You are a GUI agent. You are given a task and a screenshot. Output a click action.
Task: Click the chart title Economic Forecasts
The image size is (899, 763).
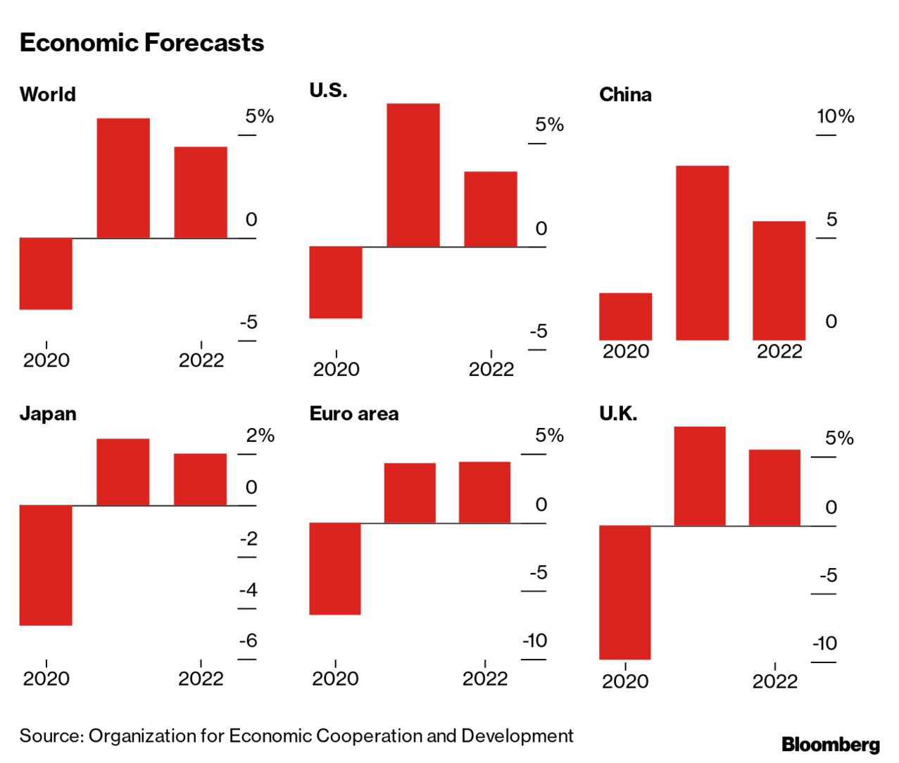(142, 43)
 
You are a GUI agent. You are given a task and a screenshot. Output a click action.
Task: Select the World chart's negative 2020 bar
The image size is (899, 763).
(46, 273)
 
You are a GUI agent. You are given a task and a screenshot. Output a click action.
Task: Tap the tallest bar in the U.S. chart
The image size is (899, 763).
(413, 175)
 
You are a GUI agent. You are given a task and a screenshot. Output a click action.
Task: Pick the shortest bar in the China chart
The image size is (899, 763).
(625, 316)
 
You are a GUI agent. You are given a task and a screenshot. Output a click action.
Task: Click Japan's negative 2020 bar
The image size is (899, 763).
(46, 565)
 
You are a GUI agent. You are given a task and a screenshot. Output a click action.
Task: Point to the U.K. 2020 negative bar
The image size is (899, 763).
(624, 592)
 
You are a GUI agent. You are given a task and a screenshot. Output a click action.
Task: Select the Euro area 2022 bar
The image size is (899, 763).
(484, 492)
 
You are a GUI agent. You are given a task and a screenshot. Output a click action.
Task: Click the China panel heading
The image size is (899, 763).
(625, 94)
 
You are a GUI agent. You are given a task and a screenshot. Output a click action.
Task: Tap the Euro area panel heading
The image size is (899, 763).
(353, 413)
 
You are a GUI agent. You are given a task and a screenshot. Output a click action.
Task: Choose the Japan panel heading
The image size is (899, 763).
(48, 413)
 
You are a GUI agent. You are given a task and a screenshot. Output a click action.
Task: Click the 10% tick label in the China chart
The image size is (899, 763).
(835, 116)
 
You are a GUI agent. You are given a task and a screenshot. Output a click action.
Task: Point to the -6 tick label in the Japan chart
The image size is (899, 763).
(248, 641)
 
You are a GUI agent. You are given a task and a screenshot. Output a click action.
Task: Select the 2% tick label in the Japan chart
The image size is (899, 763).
(260, 435)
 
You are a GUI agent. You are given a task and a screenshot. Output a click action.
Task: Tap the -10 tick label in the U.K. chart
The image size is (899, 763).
(824, 643)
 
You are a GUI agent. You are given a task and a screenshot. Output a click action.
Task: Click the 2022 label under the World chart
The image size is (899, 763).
(201, 360)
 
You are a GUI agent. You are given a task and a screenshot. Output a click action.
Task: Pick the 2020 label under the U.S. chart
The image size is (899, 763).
(336, 369)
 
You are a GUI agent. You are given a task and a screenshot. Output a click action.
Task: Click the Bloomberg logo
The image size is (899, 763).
(831, 744)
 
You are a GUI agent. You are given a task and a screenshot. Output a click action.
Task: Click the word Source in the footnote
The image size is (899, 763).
(51, 736)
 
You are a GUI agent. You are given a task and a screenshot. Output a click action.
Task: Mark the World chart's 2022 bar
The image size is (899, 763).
(201, 192)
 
